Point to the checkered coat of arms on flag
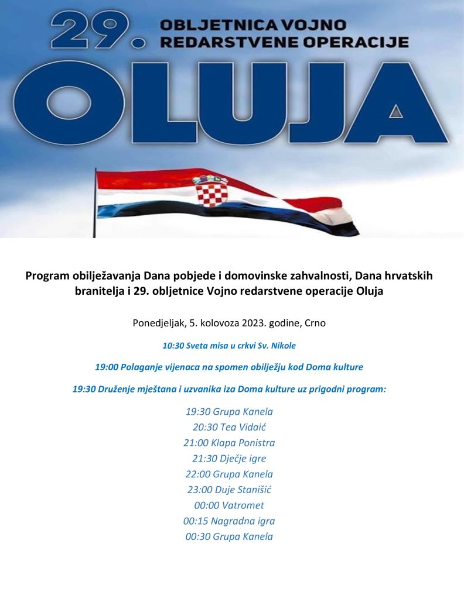pyautogui.click(x=211, y=191)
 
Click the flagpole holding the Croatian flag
pyautogui.click(x=94, y=202)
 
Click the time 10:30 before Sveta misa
pyautogui.click(x=173, y=346)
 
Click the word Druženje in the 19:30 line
pyautogui.click(x=118, y=389)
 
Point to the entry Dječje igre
pyautogui.click(x=240, y=458)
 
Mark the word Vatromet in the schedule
pyautogui.click(x=243, y=505)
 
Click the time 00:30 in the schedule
pyautogui.click(x=197, y=536)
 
